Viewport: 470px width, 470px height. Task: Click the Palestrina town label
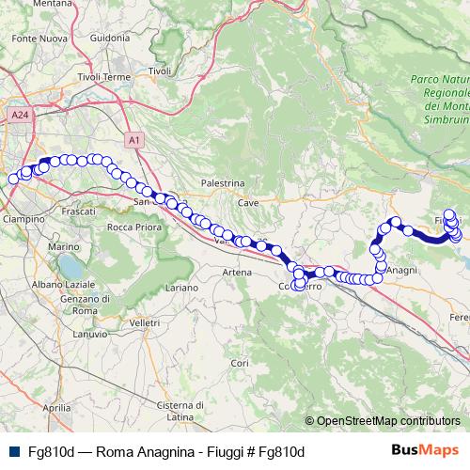[x=223, y=183]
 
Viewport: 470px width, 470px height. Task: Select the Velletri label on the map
[x=145, y=322]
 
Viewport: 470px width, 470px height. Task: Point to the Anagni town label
[x=401, y=270]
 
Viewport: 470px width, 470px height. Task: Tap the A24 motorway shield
[x=20, y=115]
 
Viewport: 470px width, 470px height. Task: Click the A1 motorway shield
[x=134, y=140]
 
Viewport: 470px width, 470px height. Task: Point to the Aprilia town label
[x=56, y=408]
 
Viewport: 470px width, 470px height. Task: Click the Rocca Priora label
[x=132, y=227]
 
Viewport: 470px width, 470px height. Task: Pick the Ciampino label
[x=23, y=218]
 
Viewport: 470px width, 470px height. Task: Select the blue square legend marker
[x=12, y=451]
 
